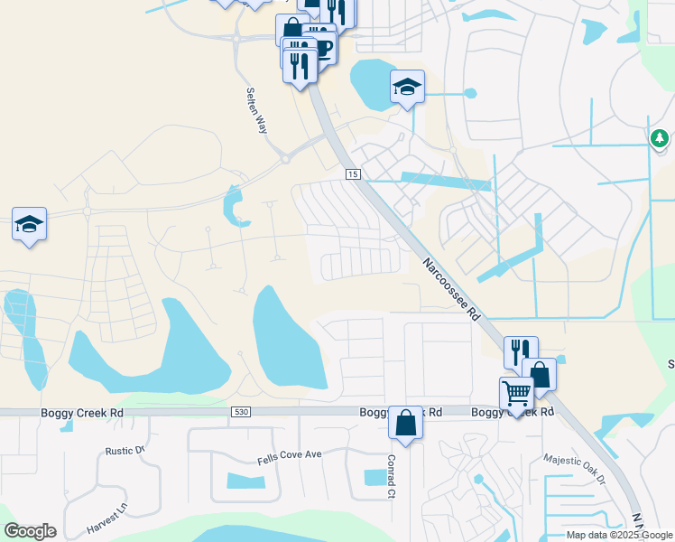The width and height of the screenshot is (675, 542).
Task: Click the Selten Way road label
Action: click(256, 111)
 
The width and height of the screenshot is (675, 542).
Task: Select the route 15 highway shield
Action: click(352, 173)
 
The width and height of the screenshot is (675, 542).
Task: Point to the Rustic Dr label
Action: click(125, 451)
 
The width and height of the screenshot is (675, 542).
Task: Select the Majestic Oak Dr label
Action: click(574, 471)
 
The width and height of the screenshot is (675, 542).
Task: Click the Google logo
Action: click(30, 531)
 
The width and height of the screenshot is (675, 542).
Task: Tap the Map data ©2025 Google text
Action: click(620, 535)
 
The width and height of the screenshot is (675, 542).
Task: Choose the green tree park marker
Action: click(660, 138)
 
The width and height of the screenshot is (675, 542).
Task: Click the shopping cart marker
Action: click(516, 394)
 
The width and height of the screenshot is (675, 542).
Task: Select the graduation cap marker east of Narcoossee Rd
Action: click(407, 88)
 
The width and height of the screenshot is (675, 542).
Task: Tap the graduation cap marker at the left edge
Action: click(29, 224)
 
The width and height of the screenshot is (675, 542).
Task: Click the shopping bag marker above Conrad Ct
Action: click(405, 423)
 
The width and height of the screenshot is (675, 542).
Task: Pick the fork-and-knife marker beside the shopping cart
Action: click(521, 351)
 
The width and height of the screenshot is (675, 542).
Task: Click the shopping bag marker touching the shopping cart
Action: click(540, 374)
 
